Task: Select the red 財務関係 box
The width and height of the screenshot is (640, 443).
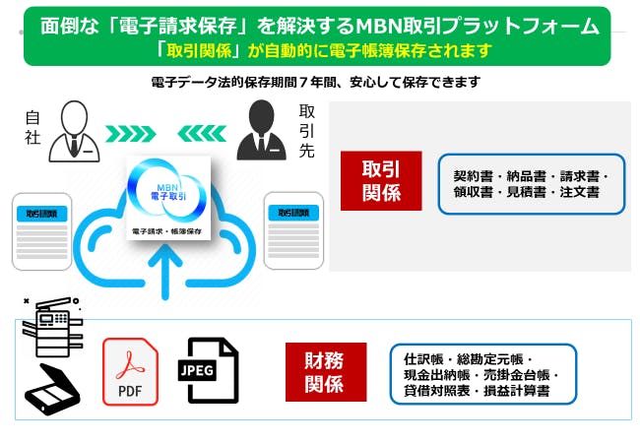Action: click(325, 371)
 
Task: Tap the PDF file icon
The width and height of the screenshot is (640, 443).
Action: click(130, 371)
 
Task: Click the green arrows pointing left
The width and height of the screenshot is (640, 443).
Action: click(204, 132)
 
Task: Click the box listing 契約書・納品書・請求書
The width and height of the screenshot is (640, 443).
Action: click(531, 184)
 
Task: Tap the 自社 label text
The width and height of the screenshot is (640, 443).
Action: click(32, 129)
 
